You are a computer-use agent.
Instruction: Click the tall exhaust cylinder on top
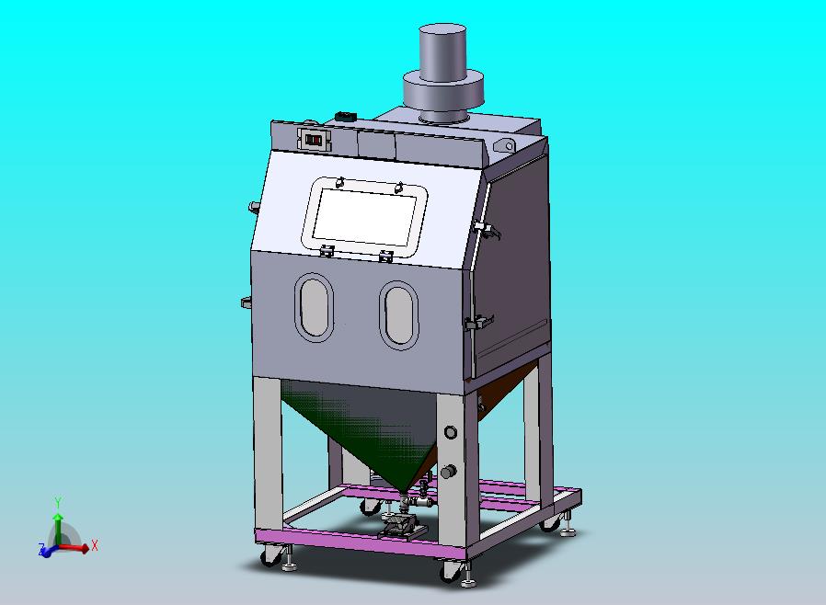point(443,51)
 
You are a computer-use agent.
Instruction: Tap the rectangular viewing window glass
point(364,217)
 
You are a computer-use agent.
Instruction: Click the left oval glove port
point(315,307)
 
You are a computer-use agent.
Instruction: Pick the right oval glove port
point(399,314)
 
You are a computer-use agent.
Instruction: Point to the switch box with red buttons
point(315,140)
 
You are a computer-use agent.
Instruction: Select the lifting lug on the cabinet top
point(505,146)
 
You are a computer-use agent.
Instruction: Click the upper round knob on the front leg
point(451,432)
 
